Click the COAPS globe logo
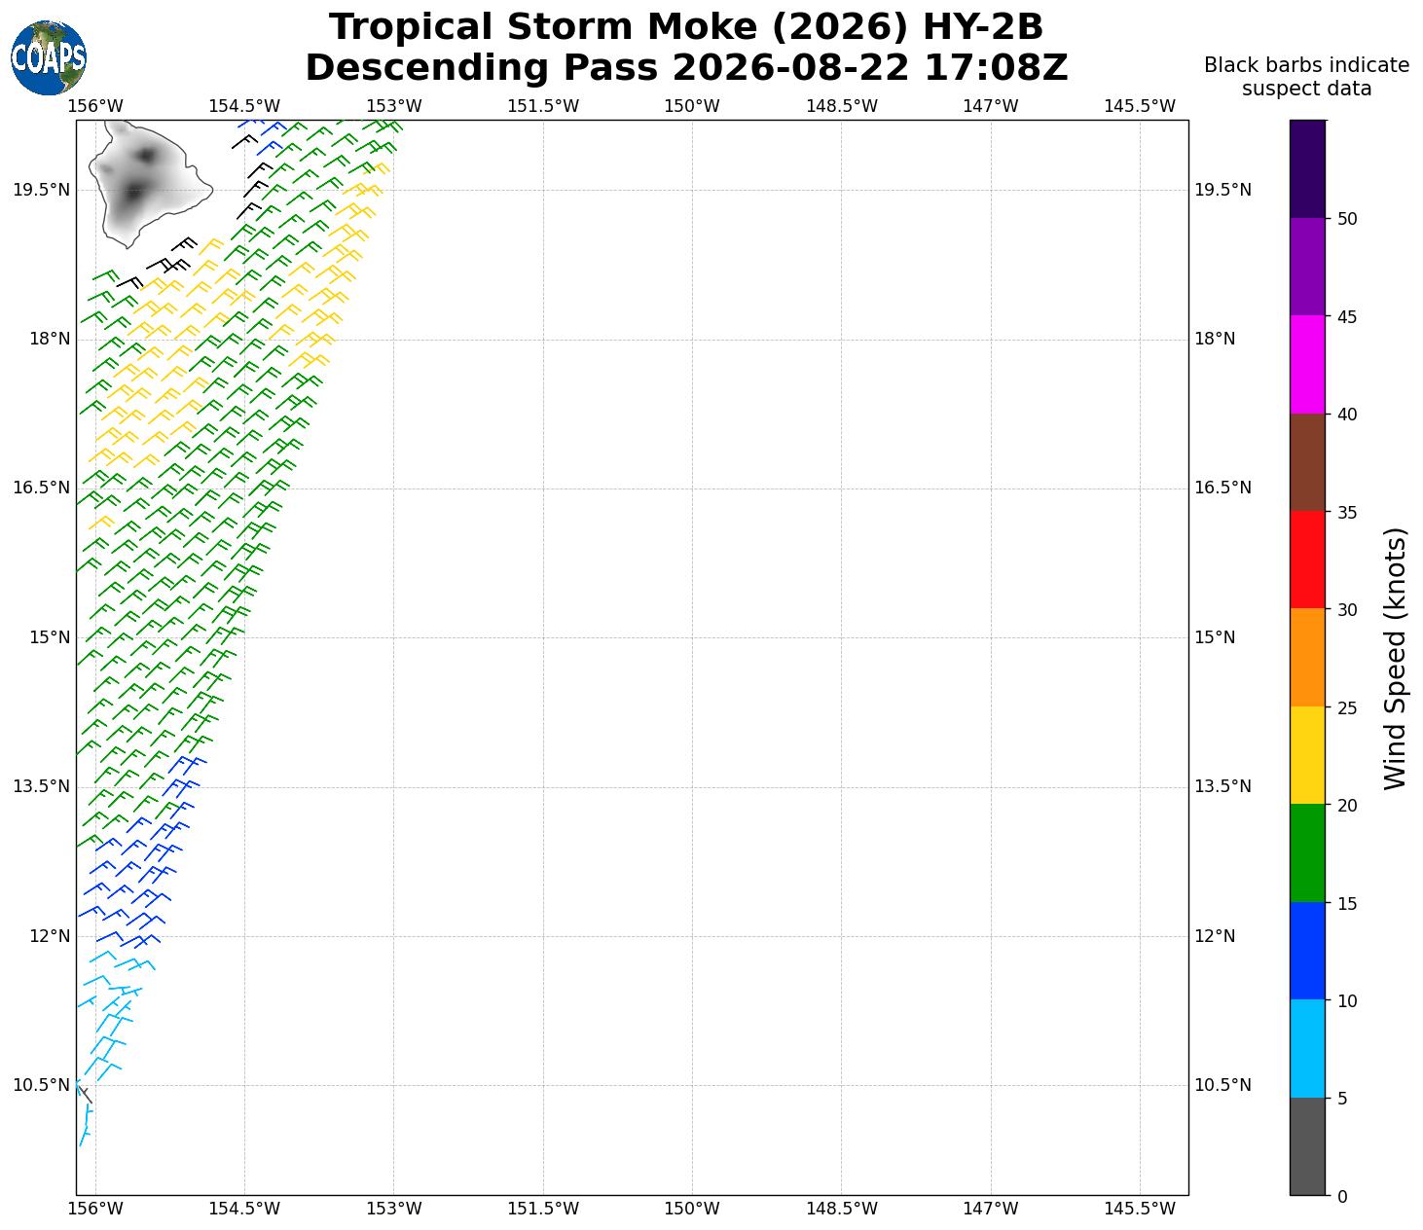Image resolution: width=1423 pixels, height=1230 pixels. pos(49,57)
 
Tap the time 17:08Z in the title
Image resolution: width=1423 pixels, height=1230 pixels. pos(996,68)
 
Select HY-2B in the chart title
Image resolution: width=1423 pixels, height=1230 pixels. pos(982,27)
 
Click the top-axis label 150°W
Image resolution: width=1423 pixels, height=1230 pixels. pos(692,106)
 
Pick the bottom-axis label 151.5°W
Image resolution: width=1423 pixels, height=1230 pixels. pos(543,1208)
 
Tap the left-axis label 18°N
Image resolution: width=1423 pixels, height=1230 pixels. pos(50,339)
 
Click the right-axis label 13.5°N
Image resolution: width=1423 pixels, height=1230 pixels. pos(1222,786)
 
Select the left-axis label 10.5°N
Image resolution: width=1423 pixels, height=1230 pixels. pos(41,1085)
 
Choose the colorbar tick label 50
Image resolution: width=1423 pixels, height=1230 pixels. pos(1346,219)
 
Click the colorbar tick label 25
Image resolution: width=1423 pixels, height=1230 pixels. pos(1346,707)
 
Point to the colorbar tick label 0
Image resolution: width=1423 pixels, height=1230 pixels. pos(1342,1196)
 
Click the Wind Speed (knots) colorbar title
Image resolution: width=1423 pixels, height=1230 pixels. pos(1395,659)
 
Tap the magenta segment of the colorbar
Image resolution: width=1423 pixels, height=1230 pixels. pos(1307,365)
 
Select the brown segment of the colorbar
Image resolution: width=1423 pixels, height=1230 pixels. pos(1307,462)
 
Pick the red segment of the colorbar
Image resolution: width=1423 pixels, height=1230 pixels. pos(1307,561)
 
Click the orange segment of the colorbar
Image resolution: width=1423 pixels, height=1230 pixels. pos(1307,658)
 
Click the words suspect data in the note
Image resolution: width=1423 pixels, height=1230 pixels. pos(1306,89)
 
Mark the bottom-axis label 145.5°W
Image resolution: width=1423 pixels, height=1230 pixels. pos(1140,1208)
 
